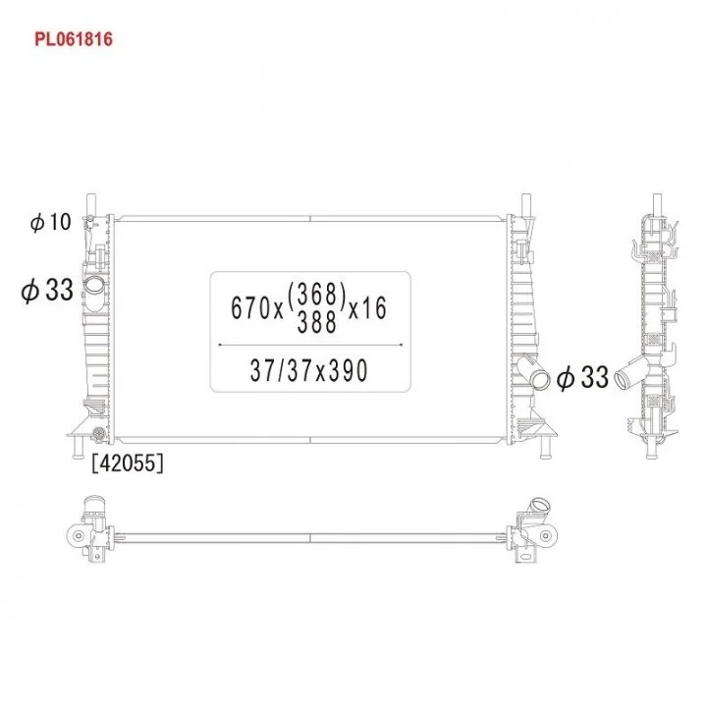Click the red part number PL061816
[x=74, y=39]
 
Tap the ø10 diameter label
[x=50, y=222]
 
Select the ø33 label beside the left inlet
[x=47, y=290]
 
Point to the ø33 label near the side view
[x=582, y=377]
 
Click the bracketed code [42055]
[x=128, y=463]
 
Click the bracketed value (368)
[x=316, y=294]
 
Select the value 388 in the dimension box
[x=317, y=322]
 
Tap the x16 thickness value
[x=368, y=308]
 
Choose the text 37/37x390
[x=309, y=370]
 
